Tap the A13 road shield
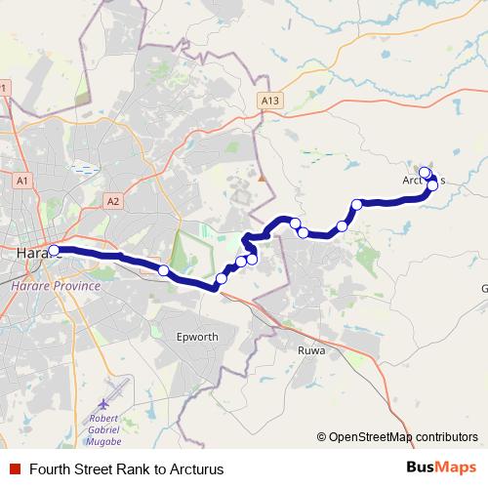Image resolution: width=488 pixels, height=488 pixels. [270, 100]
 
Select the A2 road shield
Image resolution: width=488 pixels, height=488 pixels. [113, 201]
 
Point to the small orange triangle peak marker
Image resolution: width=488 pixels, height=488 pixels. [262, 179]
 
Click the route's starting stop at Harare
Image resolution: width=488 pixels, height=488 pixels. [54, 250]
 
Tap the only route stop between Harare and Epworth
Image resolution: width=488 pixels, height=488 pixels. [163, 269]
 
